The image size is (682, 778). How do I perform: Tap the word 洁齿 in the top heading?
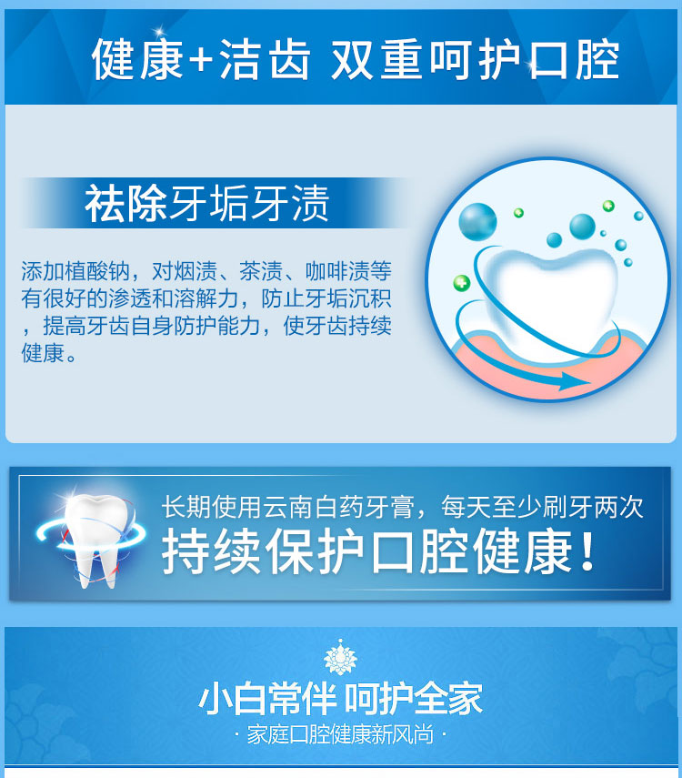265,60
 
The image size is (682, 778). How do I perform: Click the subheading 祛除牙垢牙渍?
206,203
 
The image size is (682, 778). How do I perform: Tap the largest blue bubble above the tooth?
477,222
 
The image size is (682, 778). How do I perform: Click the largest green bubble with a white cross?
462,283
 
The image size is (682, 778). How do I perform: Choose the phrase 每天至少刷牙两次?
542,507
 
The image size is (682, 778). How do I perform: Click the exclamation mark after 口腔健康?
587,551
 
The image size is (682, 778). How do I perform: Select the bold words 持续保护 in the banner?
265,551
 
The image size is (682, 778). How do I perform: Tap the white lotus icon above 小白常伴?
340,657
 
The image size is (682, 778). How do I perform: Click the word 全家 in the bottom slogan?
448,699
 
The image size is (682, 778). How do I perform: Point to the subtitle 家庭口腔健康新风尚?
340,734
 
